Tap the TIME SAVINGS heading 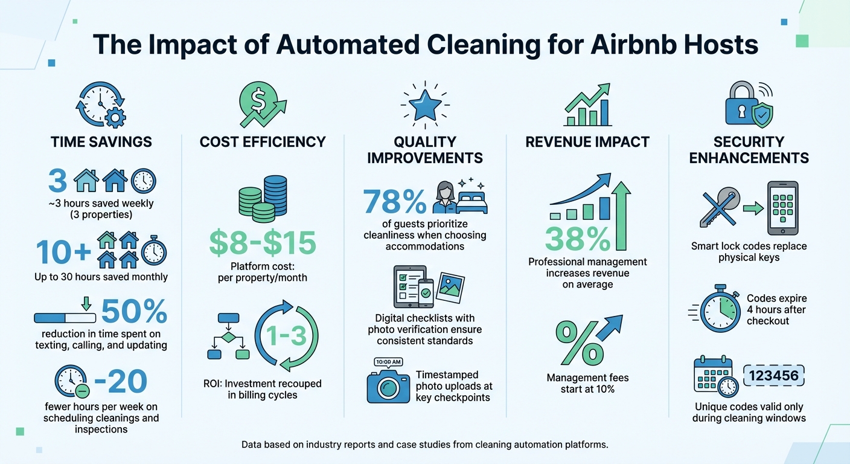tap(101, 142)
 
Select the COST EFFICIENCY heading tap(263, 142)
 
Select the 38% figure tap(578, 237)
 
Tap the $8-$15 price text tap(263, 242)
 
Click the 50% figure tap(134, 312)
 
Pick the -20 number tap(121, 381)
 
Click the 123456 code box tap(773, 376)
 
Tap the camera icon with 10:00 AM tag tap(388, 383)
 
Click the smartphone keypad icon tap(782, 208)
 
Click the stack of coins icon tap(263, 197)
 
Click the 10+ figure tap(62, 251)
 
